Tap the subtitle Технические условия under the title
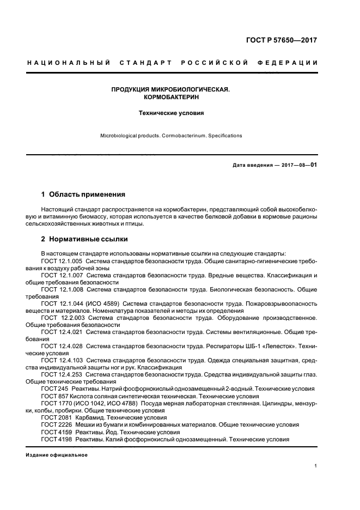[171, 114]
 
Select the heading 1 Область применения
[83, 194]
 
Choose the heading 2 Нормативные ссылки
[85, 239]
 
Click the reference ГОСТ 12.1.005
[60, 262]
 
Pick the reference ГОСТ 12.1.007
[60, 276]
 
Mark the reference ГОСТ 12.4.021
[60, 332]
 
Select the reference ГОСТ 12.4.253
[60, 374]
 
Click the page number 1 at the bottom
[316, 466]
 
